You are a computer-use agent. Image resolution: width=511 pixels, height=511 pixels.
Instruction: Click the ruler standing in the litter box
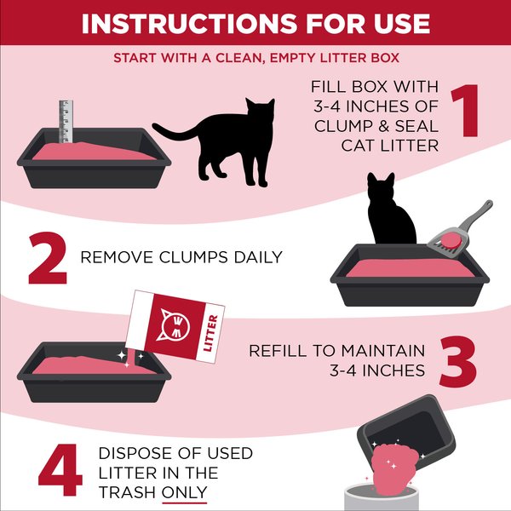[x=63, y=123]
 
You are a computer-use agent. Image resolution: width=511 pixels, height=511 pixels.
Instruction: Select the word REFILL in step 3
[x=278, y=351]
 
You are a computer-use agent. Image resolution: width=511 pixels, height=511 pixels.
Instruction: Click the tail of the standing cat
[x=170, y=135]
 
